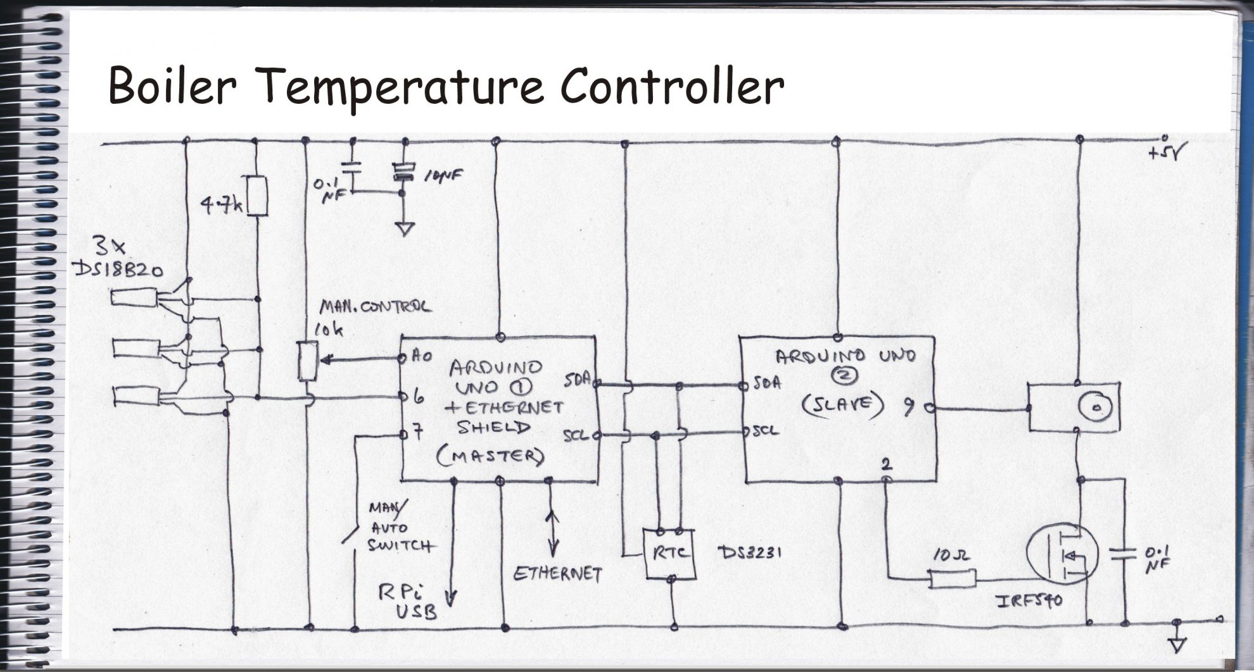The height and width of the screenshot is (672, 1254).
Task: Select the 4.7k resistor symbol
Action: [256, 196]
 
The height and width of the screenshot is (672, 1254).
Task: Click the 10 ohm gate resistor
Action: [952, 578]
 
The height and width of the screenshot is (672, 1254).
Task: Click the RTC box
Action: [670, 554]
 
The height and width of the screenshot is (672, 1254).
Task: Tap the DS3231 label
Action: [750, 552]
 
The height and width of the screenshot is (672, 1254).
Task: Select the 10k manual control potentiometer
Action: [307, 361]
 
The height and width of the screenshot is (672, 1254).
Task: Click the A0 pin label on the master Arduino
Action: [422, 356]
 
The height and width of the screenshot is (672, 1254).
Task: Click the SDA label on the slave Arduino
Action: [767, 383]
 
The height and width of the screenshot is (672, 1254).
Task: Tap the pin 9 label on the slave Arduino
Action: [908, 409]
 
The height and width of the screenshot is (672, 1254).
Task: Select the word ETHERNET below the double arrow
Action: [557, 574]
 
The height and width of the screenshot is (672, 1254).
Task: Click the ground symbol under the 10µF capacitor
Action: [404, 228]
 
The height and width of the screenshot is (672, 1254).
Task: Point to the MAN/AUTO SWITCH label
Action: [398, 527]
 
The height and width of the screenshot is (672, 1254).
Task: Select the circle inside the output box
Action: [1096, 406]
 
